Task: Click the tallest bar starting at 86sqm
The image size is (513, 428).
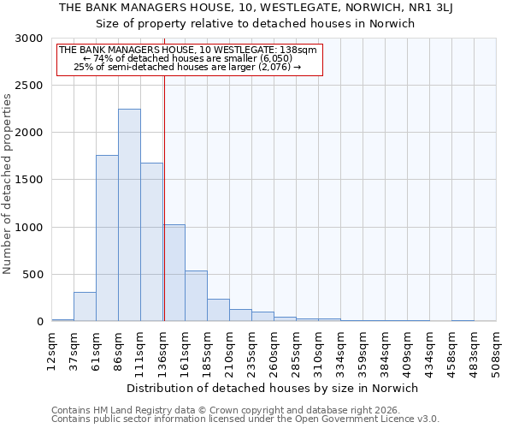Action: [x=129, y=215]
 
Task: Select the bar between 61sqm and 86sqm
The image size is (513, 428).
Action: [x=107, y=238]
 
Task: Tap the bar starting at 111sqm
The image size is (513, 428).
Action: [x=151, y=242]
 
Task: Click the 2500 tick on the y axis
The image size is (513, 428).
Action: [x=31, y=86]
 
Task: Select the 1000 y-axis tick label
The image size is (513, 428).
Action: [x=31, y=228]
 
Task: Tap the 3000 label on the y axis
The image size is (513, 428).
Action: [x=31, y=39]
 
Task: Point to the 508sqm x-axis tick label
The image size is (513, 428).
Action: [x=496, y=350]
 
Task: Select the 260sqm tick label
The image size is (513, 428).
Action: [x=274, y=350]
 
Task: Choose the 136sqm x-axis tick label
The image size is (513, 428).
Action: [x=162, y=350]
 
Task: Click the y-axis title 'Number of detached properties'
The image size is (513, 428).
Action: [x=8, y=185]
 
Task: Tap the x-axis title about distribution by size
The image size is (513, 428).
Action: [x=273, y=388]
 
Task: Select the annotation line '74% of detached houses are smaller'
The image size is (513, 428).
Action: [x=188, y=58]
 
